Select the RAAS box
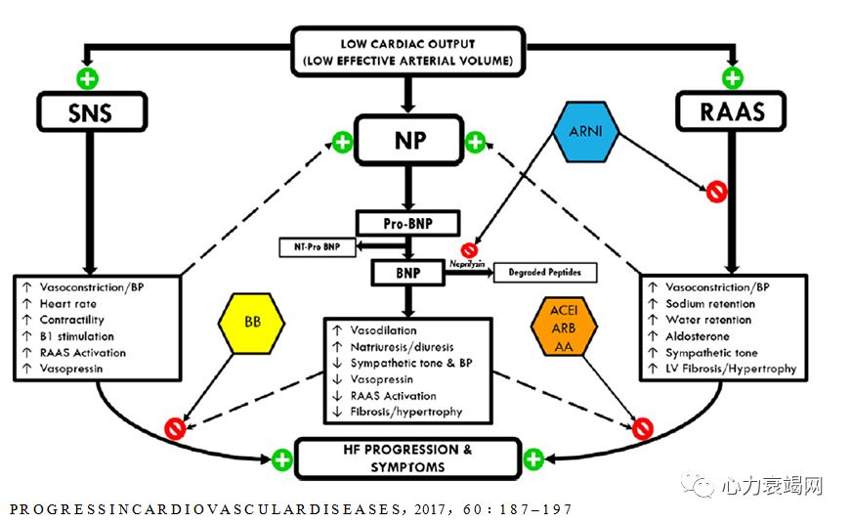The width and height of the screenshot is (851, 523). coord(732,112)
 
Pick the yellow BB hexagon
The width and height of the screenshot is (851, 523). coord(251,320)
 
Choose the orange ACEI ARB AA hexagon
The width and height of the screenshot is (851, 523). coord(566,326)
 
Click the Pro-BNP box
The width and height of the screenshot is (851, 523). coord(408,223)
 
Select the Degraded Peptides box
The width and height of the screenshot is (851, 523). coord(545,273)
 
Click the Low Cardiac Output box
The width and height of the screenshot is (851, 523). coord(408,53)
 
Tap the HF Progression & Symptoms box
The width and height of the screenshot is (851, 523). coord(407,458)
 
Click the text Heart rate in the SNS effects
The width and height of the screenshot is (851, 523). coord(68,304)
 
